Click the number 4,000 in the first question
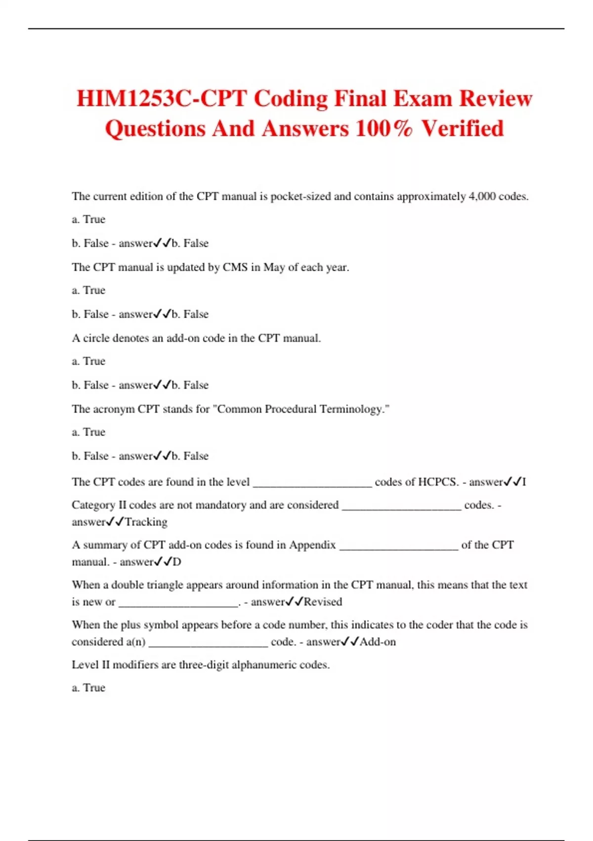[x=482, y=196]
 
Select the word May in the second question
[x=274, y=267]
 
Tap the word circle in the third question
[x=96, y=338]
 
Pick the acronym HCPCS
[x=437, y=482]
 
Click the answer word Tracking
[x=146, y=522]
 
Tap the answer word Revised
[x=323, y=602]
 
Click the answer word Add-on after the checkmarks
[x=378, y=642]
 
